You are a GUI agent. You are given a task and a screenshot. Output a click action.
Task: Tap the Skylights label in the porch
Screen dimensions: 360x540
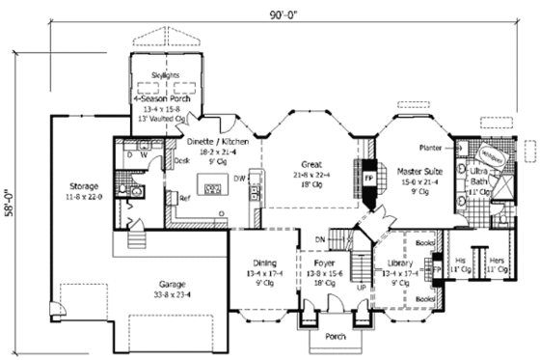pos(166,72)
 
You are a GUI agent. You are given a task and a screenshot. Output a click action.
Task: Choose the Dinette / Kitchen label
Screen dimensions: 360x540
pos(221,142)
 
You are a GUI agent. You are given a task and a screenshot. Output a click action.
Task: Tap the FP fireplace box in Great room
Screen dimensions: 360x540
pos(367,180)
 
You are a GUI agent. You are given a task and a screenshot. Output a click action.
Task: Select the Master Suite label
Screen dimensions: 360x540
pos(418,171)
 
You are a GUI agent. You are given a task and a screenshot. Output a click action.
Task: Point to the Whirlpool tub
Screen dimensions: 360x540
pos(493,153)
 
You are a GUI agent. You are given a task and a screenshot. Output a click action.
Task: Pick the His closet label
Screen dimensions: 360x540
pos(461,261)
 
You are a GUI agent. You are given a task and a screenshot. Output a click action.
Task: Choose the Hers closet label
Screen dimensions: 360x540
pos(498,261)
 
